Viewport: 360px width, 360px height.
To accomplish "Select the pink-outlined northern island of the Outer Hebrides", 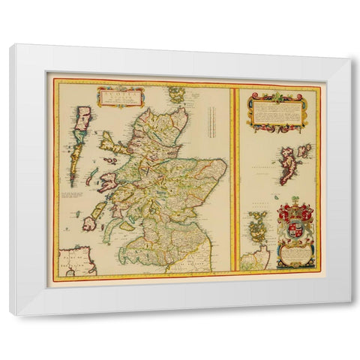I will [x=84, y=118].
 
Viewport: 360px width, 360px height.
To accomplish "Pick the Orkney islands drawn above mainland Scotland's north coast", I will [x=177, y=94].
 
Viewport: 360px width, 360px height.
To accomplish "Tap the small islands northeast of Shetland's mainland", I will [x=303, y=151].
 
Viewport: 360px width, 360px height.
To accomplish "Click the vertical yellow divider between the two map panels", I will [x=235, y=180].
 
